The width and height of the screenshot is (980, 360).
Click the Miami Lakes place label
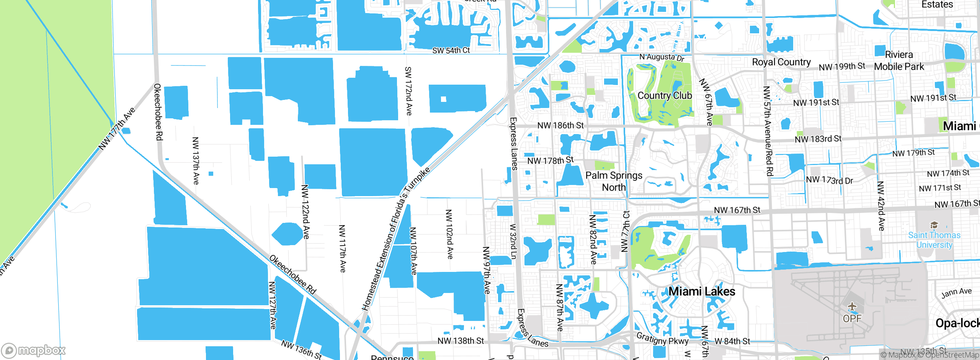click(701, 291)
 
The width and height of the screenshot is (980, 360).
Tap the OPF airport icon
click(852, 307)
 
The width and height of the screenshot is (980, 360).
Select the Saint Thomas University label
click(934, 240)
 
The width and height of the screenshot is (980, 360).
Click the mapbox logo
click(34, 350)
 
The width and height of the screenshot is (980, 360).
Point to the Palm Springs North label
click(614, 181)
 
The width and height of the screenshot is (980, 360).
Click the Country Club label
click(665, 95)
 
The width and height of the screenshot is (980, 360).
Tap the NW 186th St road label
click(560, 125)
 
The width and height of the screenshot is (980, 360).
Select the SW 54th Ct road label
click(451, 51)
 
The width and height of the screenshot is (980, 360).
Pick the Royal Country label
click(781, 62)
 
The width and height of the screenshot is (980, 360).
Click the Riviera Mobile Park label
click(899, 61)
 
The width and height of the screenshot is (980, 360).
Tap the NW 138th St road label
click(461, 340)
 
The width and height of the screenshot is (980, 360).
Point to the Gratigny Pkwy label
click(662, 339)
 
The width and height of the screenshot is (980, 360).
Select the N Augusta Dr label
click(661, 57)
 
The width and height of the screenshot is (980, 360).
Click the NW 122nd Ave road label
click(305, 212)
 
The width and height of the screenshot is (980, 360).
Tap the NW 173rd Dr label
click(829, 180)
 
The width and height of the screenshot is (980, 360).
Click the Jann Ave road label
click(956, 293)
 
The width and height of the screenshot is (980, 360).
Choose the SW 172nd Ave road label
click(408, 91)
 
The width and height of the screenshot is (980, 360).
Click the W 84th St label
click(732, 341)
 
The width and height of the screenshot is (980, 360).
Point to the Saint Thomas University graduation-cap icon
click(934, 225)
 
